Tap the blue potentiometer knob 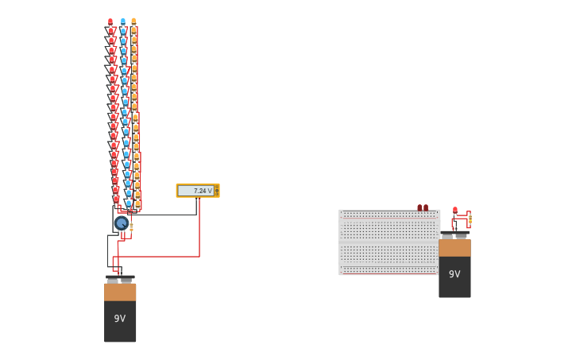tap(121, 223)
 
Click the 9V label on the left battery tap(119, 319)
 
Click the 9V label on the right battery tap(454, 274)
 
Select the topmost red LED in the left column tap(110, 22)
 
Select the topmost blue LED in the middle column tap(122, 22)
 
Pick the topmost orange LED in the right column tap(133, 22)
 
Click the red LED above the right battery tap(454, 211)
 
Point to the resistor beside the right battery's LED tap(470, 219)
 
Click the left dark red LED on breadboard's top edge tap(419, 207)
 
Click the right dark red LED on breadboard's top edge tap(426, 207)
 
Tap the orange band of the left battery tap(120, 292)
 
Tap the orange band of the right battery tap(454, 248)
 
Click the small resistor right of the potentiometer tap(131, 227)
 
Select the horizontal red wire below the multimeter tap(159, 257)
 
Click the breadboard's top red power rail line tap(389, 217)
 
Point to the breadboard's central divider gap tap(389, 242)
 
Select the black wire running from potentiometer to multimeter tap(163, 215)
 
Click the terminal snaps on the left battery tap(120, 279)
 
